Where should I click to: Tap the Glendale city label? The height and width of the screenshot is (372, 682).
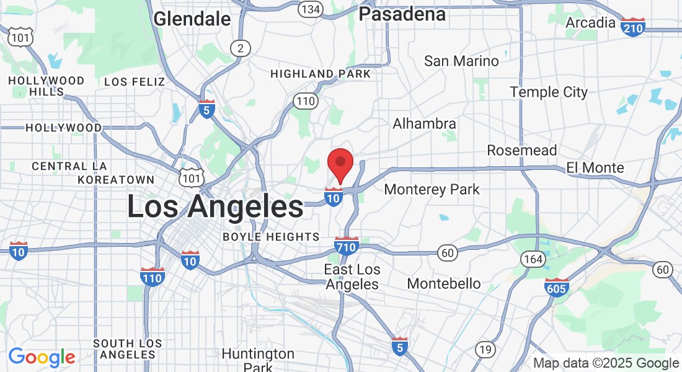(192, 19)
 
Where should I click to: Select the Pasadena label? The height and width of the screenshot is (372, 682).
(402, 14)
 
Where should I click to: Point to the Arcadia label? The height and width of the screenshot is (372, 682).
(590, 23)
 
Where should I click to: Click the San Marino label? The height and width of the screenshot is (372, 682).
(461, 61)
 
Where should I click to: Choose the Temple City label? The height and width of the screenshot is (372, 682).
(549, 92)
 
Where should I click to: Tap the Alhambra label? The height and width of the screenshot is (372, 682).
(424, 124)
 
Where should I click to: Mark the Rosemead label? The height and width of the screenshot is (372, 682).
(522, 151)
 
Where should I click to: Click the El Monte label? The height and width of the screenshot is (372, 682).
(595, 168)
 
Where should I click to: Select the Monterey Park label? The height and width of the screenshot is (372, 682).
(432, 189)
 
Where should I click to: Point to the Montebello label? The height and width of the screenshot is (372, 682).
(444, 284)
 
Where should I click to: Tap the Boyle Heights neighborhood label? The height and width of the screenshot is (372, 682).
(271, 237)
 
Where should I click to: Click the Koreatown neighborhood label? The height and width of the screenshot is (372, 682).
(116, 180)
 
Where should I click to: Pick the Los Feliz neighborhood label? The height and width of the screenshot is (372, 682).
(135, 82)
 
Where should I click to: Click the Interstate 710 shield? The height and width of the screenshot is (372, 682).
(347, 246)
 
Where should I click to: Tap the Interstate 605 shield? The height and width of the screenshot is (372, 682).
(557, 287)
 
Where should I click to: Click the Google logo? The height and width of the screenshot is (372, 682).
(42, 357)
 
